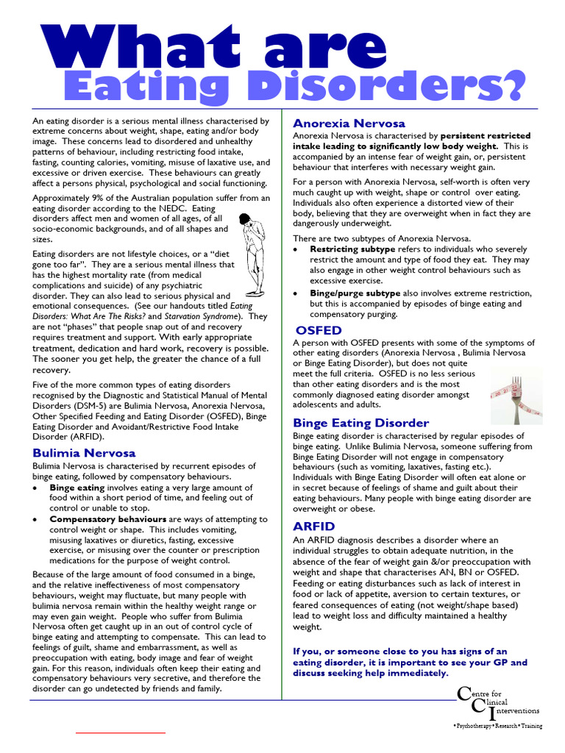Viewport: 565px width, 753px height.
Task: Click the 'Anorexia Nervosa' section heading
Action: tap(349, 123)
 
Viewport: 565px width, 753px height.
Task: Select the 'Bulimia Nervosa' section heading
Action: tap(84, 452)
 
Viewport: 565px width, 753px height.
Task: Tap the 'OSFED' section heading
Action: tap(319, 330)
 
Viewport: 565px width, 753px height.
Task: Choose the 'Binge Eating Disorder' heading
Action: tap(360, 423)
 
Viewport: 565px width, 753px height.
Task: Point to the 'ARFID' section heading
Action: tap(313, 527)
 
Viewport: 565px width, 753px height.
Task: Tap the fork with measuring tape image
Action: tap(514, 398)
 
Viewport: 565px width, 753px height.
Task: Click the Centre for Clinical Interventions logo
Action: tap(498, 707)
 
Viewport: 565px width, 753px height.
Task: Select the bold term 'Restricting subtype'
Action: tap(352, 249)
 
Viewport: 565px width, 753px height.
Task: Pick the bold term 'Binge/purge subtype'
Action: tap(355, 293)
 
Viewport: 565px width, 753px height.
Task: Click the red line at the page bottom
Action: tap(121, 733)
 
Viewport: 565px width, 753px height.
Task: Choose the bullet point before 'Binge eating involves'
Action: tap(37, 487)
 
